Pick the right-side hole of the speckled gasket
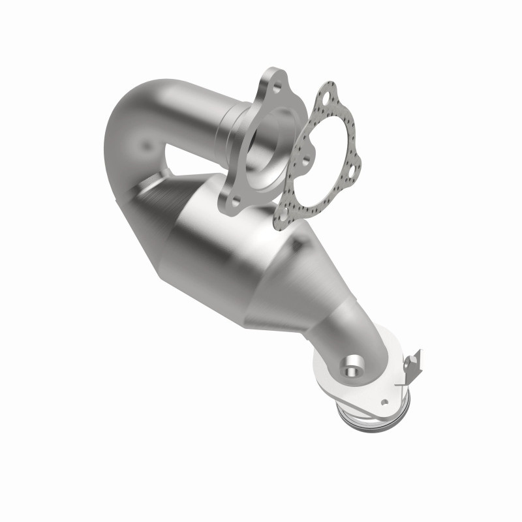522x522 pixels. point(352,172)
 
